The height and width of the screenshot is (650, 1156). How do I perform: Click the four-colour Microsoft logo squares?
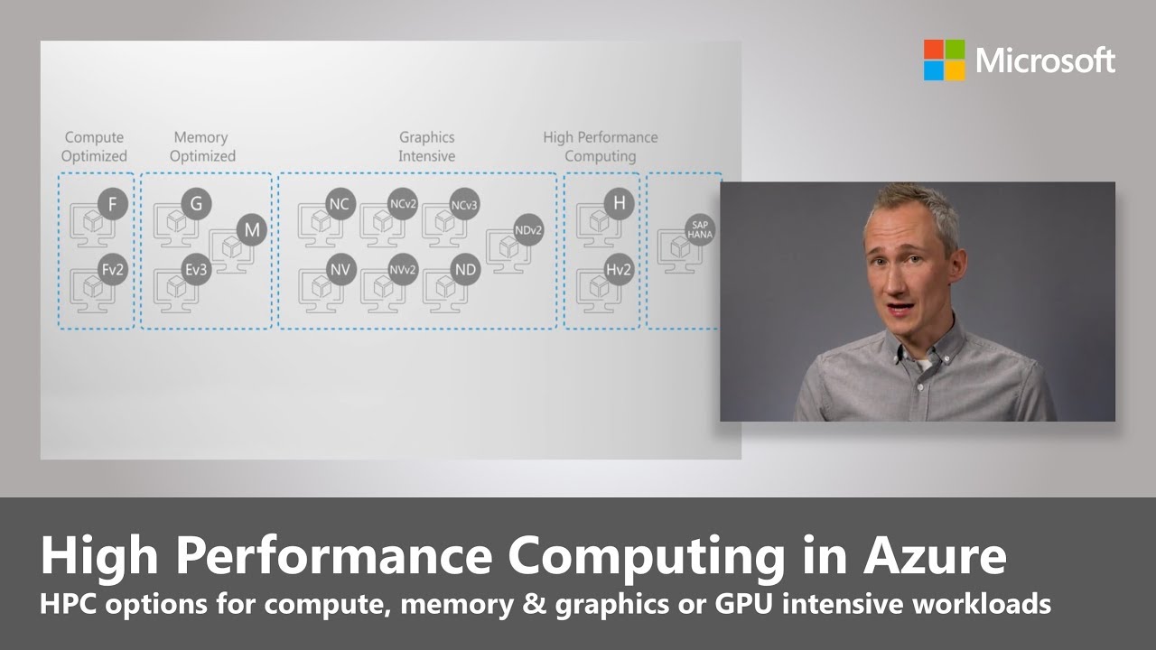tap(945, 60)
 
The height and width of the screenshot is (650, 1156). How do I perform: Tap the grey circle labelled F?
tap(112, 205)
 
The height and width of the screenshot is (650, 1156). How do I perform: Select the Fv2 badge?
tap(112, 270)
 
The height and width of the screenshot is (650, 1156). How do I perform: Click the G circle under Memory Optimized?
tap(196, 204)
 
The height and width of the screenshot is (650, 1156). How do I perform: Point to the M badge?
tap(252, 230)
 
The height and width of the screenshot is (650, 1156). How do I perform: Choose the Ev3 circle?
tap(196, 269)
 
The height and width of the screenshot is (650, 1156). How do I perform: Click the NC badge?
tap(339, 205)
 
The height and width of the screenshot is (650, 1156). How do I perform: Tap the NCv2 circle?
tap(403, 205)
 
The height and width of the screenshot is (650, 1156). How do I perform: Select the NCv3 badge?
tap(464, 205)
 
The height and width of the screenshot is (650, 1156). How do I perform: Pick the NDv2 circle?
tap(528, 230)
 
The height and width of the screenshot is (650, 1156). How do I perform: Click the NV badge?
tap(339, 269)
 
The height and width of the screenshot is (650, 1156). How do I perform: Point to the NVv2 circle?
tap(403, 269)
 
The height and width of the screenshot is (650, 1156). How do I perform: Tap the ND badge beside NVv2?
tap(464, 269)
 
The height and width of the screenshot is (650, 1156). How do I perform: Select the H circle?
tap(619, 204)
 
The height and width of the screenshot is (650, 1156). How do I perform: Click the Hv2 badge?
tap(619, 269)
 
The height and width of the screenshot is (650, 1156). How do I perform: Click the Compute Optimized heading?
tap(94, 146)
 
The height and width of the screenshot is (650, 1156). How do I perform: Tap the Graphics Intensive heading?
tap(426, 146)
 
